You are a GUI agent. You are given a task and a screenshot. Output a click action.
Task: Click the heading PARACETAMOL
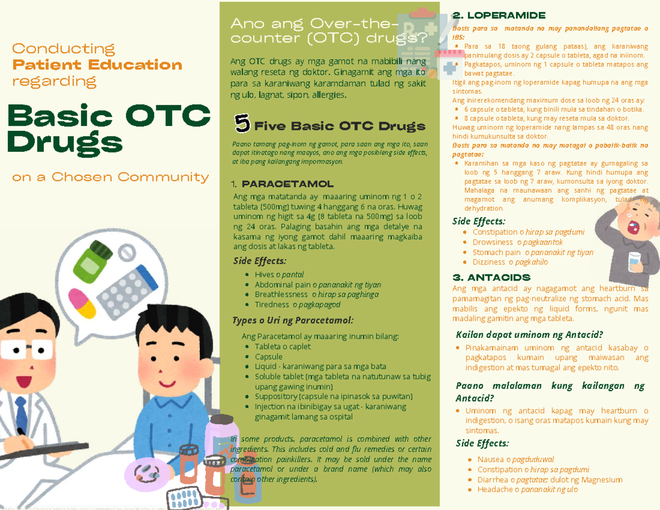[287, 184]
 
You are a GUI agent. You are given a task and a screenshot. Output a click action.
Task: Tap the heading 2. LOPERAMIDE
[498, 15]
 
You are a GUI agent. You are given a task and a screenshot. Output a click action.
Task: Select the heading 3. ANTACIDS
[491, 277]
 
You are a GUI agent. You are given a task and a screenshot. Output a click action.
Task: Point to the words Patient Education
[97, 65]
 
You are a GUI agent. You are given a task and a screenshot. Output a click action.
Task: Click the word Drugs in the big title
[64, 143]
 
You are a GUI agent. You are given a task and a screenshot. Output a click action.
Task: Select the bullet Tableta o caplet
[282, 347]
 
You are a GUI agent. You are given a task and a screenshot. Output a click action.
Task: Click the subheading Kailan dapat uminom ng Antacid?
[529, 334]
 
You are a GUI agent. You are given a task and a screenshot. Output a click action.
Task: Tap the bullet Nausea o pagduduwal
[515, 459]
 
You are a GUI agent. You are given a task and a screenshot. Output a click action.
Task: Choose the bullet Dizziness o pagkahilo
[510, 262]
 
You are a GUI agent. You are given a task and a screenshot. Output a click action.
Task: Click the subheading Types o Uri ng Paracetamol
[293, 320]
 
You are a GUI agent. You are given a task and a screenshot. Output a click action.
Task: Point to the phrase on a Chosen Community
[111, 177]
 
